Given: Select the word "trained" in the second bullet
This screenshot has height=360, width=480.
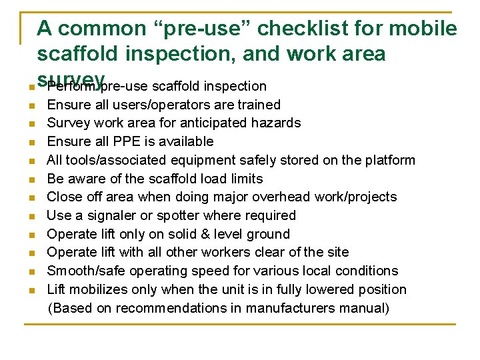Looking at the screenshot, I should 257,105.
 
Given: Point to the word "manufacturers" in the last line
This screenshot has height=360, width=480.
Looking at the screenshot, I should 290,308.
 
